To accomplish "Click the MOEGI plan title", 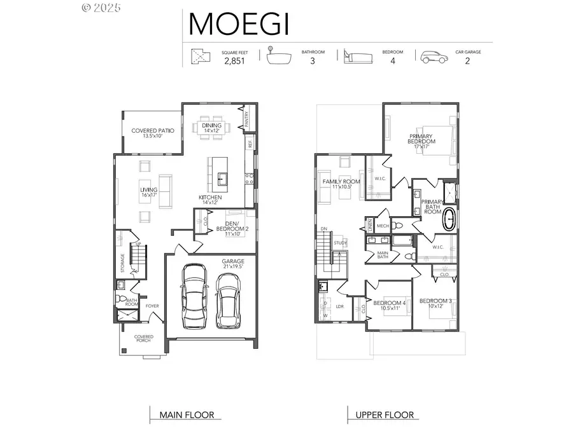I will click(x=239, y=24).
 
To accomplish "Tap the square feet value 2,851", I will click(x=235, y=62).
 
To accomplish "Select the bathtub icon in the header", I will click(x=279, y=58).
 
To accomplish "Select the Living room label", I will click(x=148, y=192).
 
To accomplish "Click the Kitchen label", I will click(x=210, y=200).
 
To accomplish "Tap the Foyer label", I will click(x=152, y=306).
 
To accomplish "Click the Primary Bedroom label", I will click(x=420, y=141).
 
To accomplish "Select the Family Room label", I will click(x=341, y=184).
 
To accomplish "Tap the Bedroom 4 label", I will click(x=390, y=304).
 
